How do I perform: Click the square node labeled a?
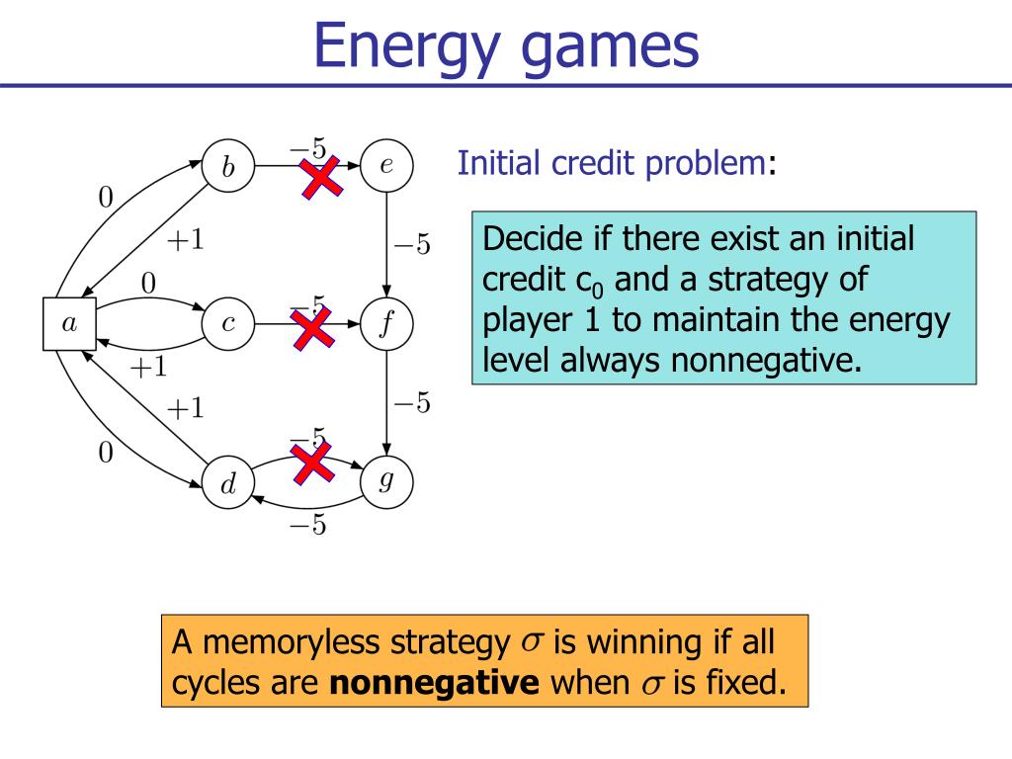69,322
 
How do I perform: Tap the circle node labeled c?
228,322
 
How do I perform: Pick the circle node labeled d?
228,483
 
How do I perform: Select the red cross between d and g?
312,462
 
